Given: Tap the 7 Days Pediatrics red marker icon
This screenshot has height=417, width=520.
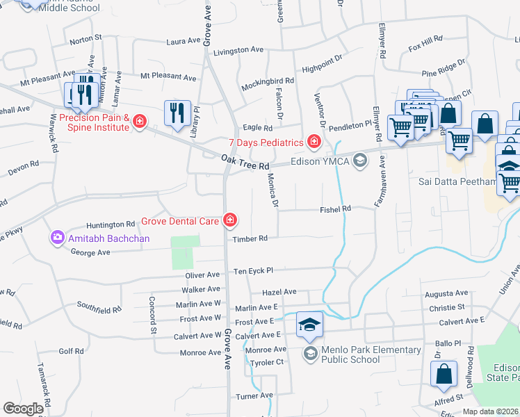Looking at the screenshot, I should pyautogui.click(x=314, y=142).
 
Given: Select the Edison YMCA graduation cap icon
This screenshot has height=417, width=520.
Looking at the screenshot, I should pyautogui.click(x=359, y=162).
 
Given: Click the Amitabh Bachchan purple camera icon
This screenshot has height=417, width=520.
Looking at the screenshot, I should pyautogui.click(x=57, y=238).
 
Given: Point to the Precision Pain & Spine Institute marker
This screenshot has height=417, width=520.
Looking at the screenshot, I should pyautogui.click(x=140, y=122).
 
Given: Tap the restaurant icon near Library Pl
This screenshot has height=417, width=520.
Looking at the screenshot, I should pyautogui.click(x=177, y=113).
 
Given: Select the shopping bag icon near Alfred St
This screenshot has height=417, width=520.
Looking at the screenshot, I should pyautogui.click(x=444, y=375).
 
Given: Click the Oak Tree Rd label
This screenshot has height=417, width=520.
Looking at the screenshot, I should pyautogui.click(x=245, y=163).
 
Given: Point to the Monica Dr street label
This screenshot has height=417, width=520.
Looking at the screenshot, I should pyautogui.click(x=273, y=191).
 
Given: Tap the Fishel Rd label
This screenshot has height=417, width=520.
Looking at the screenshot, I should pyautogui.click(x=336, y=208).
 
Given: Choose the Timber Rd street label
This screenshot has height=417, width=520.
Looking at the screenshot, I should pyautogui.click(x=250, y=238).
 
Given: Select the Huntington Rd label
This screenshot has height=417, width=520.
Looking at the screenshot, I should pyautogui.click(x=111, y=224).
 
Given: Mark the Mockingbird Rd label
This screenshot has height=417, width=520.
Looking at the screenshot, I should pyautogui.click(x=268, y=83).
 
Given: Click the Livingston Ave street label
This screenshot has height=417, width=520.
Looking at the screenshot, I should pyautogui.click(x=238, y=50).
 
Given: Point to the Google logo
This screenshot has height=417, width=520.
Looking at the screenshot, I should pyautogui.click(x=23, y=408).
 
